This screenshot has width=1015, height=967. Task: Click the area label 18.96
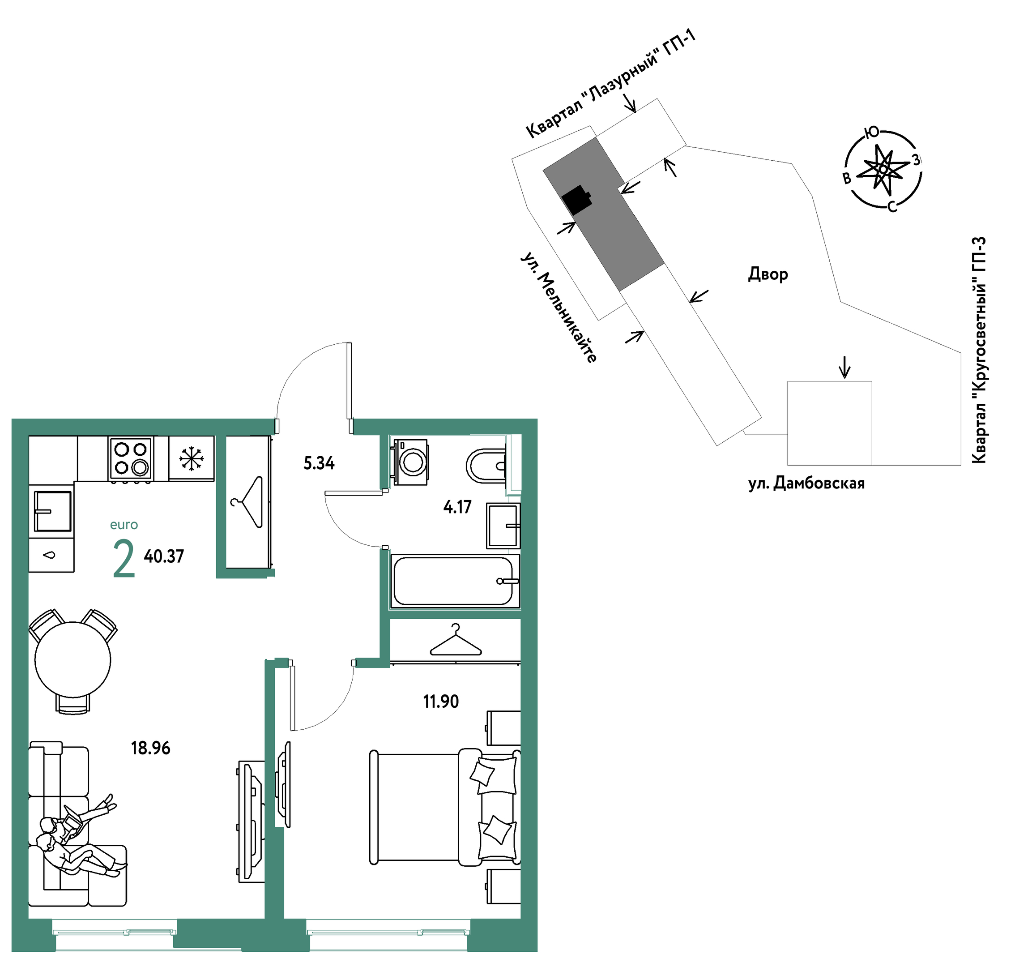pyautogui.click(x=150, y=748)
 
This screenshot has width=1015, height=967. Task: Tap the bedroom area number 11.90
pyautogui.click(x=441, y=702)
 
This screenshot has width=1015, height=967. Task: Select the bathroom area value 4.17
pyautogui.click(x=457, y=507)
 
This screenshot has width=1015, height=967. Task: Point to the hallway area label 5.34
pyautogui.click(x=319, y=463)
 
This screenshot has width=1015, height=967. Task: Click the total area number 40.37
pyautogui.click(x=164, y=556)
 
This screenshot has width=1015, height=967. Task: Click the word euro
pyautogui.click(x=124, y=525)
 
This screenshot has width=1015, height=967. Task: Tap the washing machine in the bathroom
pyautogui.click(x=410, y=462)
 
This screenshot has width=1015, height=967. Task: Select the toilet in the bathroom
pyautogui.click(x=486, y=466)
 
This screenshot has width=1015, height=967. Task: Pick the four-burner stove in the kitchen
pyautogui.click(x=131, y=458)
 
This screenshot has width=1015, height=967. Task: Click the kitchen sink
pyautogui.click(x=52, y=511)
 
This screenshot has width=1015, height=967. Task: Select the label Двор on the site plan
pyautogui.click(x=768, y=274)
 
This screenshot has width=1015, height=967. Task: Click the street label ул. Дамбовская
pyautogui.click(x=806, y=483)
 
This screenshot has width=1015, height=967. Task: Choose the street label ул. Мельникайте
pyautogui.click(x=559, y=307)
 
